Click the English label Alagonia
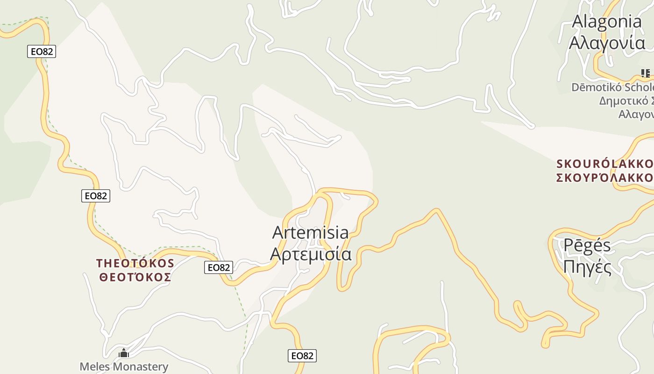pyautogui.click(x=607, y=22)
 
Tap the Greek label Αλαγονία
pyautogui.click(x=607, y=43)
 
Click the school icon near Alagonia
pyautogui.click(x=645, y=73)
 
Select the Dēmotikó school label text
pyautogui.click(x=612, y=87)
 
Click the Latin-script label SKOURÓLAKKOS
pyautogui.click(x=605, y=164)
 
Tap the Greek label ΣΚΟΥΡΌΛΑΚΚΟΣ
pyautogui.click(x=605, y=178)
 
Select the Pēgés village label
pyautogui.click(x=587, y=245)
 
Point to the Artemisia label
pyautogui.click(x=310, y=232)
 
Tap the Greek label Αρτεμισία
pyautogui.click(x=311, y=254)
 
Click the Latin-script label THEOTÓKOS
pyautogui.click(x=135, y=263)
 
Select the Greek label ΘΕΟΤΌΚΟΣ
pyautogui.click(x=135, y=277)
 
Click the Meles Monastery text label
pyautogui.click(x=124, y=367)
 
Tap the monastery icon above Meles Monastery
pyautogui.click(x=124, y=353)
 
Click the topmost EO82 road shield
pyautogui.click(x=42, y=51)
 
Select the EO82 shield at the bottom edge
pyautogui.click(x=302, y=356)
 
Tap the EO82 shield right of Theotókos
pyautogui.click(x=219, y=267)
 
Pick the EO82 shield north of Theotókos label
pyautogui.click(x=96, y=196)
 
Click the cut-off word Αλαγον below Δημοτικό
pyautogui.click(x=636, y=115)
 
